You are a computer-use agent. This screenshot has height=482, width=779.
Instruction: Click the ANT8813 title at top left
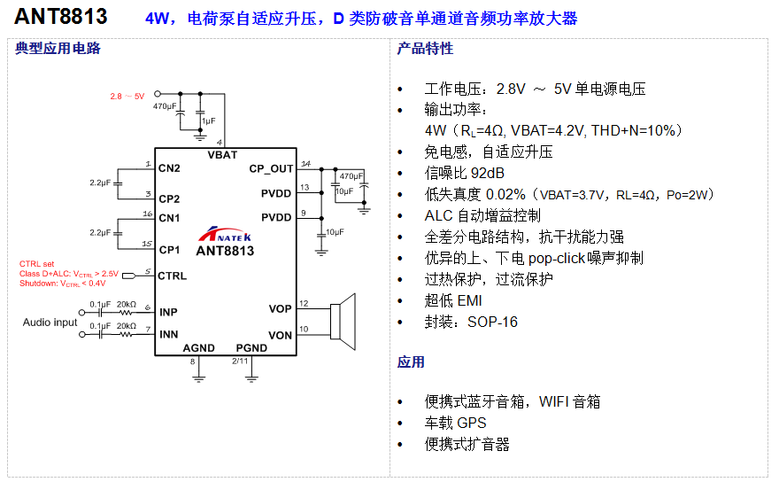coord(61,16)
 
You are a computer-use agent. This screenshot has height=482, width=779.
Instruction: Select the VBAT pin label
coord(222,154)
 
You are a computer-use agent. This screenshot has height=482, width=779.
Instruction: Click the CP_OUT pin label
coord(270,168)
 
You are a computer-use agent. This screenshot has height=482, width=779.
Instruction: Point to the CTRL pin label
coord(173,276)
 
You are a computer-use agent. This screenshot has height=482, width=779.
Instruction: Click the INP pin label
coord(168,312)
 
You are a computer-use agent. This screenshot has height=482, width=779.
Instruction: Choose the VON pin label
coord(280,334)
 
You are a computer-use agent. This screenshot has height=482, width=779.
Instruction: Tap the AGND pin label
coord(198,348)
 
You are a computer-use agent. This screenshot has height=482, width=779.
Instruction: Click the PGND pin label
coord(251,348)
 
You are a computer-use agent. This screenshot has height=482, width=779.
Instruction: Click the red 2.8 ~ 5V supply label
coord(127,96)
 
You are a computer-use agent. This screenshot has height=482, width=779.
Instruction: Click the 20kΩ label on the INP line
coord(126,304)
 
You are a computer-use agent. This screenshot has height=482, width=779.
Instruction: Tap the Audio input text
coord(50,323)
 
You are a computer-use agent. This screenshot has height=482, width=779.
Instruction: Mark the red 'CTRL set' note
coord(36,264)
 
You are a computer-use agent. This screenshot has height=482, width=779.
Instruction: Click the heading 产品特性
coord(425,49)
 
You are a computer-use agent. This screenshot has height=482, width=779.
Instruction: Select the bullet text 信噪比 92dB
coord(464,173)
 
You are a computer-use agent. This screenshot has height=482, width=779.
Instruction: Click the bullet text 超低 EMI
coord(452,300)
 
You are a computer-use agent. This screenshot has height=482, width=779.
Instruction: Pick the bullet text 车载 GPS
coord(455,423)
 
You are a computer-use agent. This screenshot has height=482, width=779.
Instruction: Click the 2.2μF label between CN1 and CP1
coord(99,232)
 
